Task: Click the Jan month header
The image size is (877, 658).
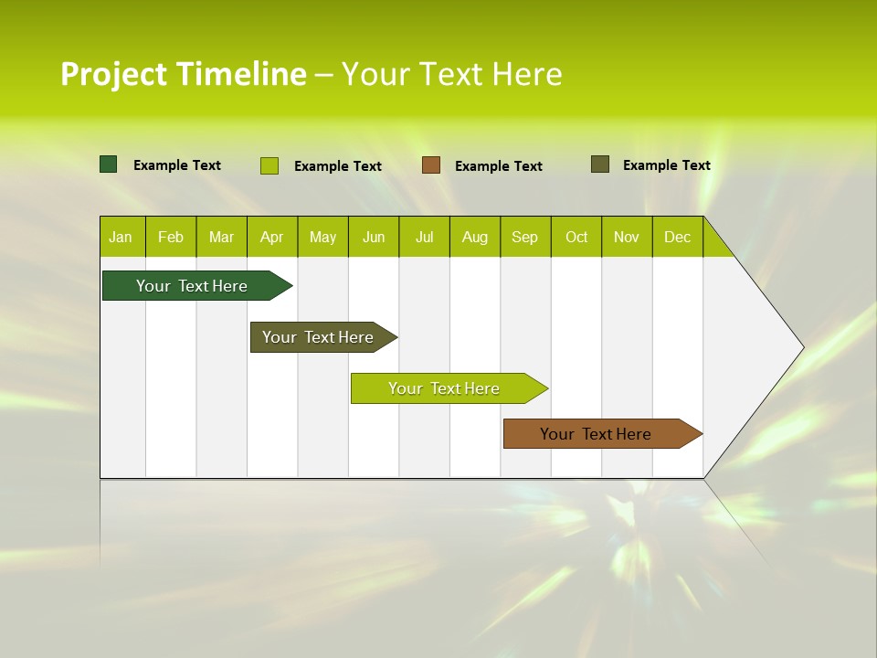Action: point(121,238)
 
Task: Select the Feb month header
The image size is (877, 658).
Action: point(171,238)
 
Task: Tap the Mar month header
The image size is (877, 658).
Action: point(221,238)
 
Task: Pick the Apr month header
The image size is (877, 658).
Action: point(271,238)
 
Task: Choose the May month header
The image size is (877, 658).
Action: point(322,238)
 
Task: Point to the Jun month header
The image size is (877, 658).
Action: point(374,238)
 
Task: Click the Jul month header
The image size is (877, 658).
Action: point(424,238)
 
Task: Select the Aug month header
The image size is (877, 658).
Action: point(474,238)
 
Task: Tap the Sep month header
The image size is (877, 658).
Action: point(524,238)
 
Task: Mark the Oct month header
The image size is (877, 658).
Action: point(576,238)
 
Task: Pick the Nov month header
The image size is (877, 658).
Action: point(627,238)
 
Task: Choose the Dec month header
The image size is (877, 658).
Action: point(677,238)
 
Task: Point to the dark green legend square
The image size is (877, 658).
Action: point(109,164)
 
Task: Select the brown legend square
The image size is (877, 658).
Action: point(431,165)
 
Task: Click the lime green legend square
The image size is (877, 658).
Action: point(269,165)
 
